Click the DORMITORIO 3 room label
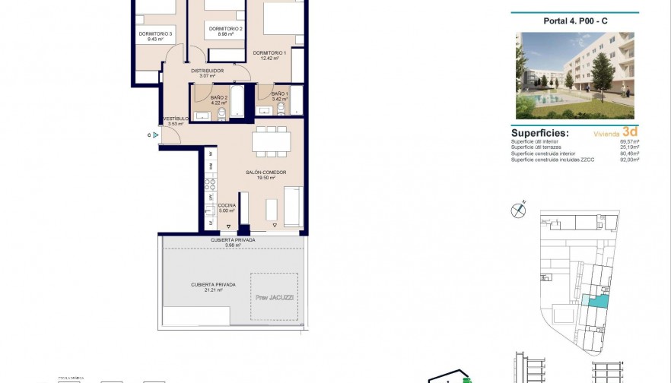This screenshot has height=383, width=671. [155, 33]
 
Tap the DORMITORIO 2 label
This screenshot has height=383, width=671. [225, 29]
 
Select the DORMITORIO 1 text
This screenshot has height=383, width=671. [270, 52]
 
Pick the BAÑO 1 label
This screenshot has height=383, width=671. [278, 93]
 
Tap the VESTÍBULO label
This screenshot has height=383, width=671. [176, 119]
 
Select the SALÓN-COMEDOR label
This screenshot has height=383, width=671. [266, 173]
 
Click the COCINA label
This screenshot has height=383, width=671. [226, 206]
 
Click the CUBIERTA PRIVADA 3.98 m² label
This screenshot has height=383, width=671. [233, 240]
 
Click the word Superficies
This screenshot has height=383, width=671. [539, 132]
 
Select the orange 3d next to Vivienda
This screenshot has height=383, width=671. [629, 131]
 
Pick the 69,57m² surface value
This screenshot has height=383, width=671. [630, 141]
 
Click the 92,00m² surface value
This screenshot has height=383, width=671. [630, 160]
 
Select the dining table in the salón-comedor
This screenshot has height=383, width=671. [271, 139]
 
